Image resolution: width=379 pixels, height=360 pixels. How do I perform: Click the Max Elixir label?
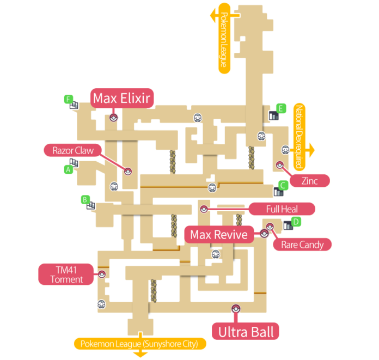[x=123, y=98]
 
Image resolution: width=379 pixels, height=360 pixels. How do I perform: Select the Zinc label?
[x=309, y=181]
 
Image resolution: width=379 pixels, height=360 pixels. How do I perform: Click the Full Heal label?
[x=281, y=209]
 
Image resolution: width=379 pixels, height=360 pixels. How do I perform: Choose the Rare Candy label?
[x=302, y=245]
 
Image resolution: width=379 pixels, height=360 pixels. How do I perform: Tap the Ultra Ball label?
[x=246, y=331]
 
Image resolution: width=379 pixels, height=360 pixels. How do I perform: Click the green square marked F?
[x=68, y=99]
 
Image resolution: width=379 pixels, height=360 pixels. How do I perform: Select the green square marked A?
[x=69, y=169]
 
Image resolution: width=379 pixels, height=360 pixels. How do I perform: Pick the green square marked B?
[x=85, y=200]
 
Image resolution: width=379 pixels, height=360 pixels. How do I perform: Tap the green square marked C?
[x=282, y=185]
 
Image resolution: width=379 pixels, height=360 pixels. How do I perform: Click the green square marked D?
[x=296, y=222]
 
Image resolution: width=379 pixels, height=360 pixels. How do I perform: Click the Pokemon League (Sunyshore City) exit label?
[x=140, y=344]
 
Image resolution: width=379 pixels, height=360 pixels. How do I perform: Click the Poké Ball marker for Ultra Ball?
[x=235, y=308]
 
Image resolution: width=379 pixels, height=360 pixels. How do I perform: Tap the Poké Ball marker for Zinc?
[x=280, y=164]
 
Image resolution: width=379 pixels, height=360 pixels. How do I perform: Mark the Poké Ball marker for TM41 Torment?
[x=102, y=274]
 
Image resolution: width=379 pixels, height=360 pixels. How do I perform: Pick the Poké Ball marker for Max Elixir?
[x=113, y=117]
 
